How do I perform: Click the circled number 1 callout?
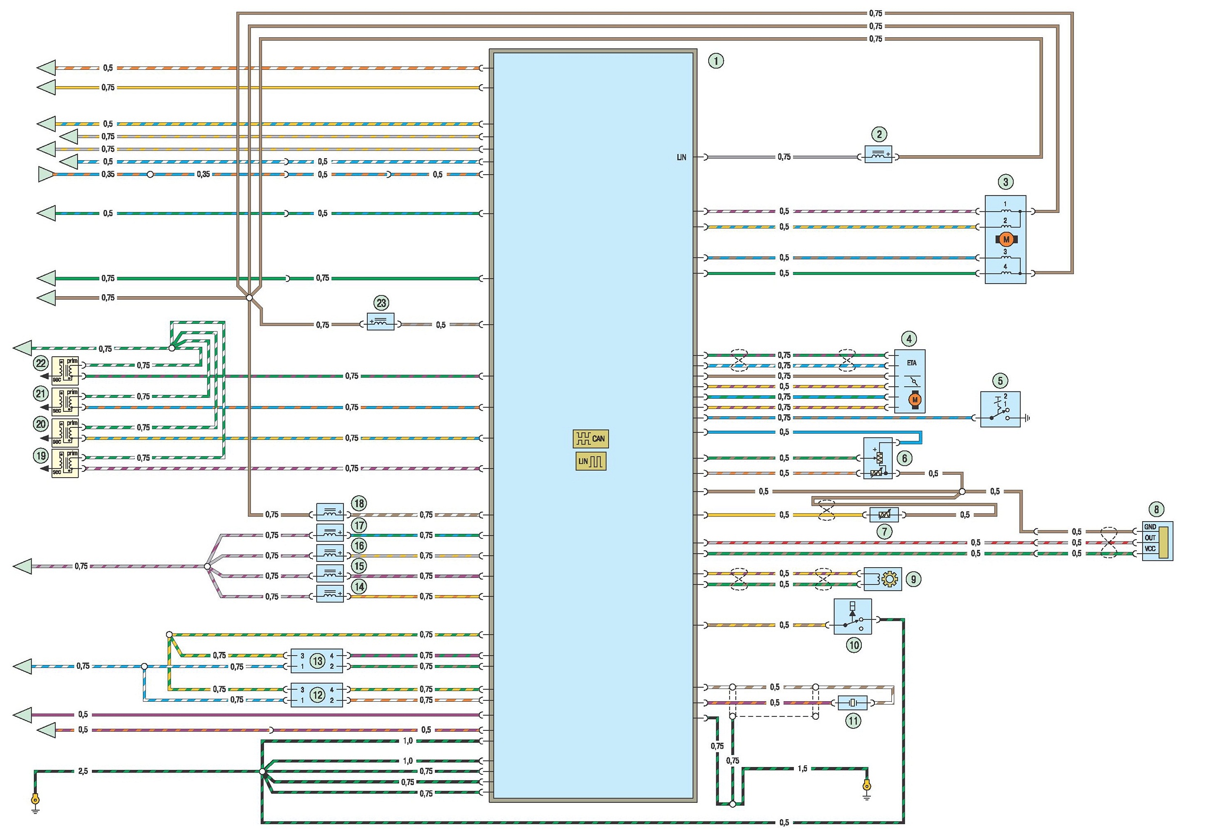coord(716,61)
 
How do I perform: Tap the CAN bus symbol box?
coord(590,438)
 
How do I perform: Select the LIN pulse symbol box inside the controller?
coord(590,461)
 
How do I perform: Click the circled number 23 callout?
coord(381,303)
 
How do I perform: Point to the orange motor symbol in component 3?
coord(1006,240)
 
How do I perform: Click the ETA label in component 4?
coord(911,363)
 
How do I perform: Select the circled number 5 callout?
coord(1000,380)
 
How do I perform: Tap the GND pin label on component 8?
coord(1150,527)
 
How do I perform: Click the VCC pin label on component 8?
coord(1150,549)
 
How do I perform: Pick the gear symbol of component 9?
coord(889,579)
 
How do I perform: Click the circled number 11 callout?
coord(853,721)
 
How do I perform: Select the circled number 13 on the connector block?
coord(317,661)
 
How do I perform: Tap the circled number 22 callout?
coord(41,363)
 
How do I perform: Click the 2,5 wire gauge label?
coord(83,771)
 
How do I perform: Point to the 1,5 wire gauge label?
coord(802,769)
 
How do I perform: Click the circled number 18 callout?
coord(359,503)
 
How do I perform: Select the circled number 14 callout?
coord(359,586)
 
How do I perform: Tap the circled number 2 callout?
coord(879,135)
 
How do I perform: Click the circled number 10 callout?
coord(854,645)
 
